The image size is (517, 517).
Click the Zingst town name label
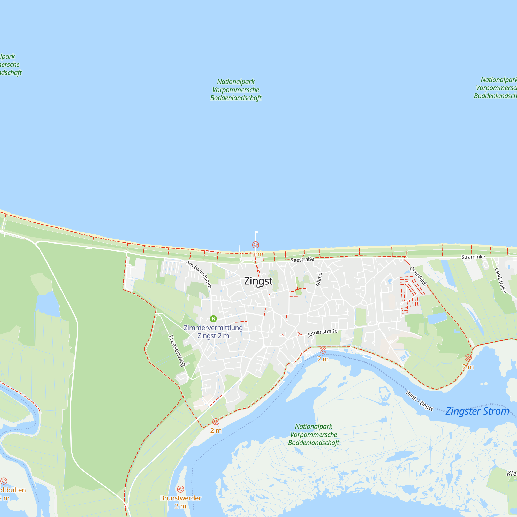tap(258, 281)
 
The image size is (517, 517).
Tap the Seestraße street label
tap(302, 260)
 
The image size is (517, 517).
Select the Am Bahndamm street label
tap(199, 274)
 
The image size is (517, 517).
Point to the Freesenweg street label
tap(177, 351)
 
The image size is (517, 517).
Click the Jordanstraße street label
tap(322, 333)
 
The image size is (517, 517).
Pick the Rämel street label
tap(319, 279)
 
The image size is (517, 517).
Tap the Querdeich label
tap(418, 276)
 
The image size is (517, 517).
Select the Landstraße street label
tap(500, 280)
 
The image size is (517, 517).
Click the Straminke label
tap(473, 257)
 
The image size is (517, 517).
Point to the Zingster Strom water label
tap(477, 411)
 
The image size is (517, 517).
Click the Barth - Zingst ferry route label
tap(419, 401)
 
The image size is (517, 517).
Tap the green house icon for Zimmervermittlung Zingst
tap(213, 319)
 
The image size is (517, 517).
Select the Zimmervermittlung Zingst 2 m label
tap(213, 332)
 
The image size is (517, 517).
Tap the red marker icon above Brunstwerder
tap(181, 489)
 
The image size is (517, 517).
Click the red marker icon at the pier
tap(256, 245)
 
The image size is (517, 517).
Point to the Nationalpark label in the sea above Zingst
tap(236, 90)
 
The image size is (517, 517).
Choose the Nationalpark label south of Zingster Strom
tap(314, 435)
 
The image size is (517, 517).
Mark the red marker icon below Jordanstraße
tap(323, 350)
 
